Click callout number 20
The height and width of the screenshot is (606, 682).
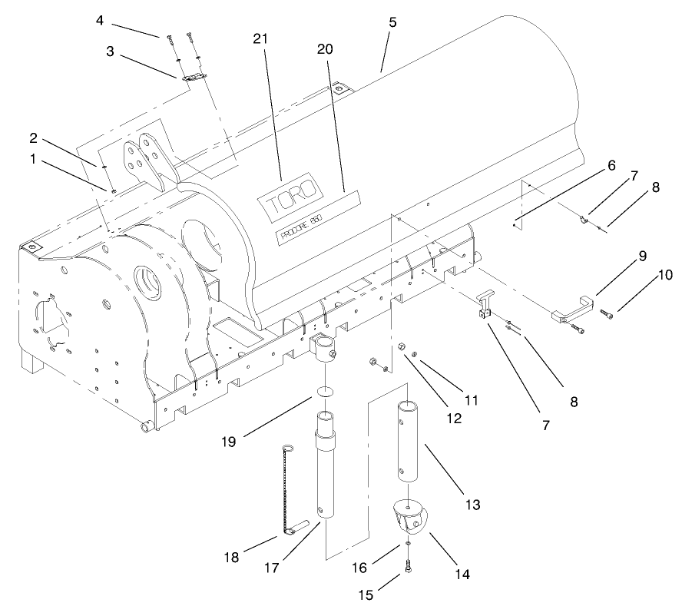[326, 49]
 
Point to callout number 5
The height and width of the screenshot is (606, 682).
[392, 22]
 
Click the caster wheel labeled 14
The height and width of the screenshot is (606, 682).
[409, 519]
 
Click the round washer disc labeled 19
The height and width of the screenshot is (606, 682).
[326, 392]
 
